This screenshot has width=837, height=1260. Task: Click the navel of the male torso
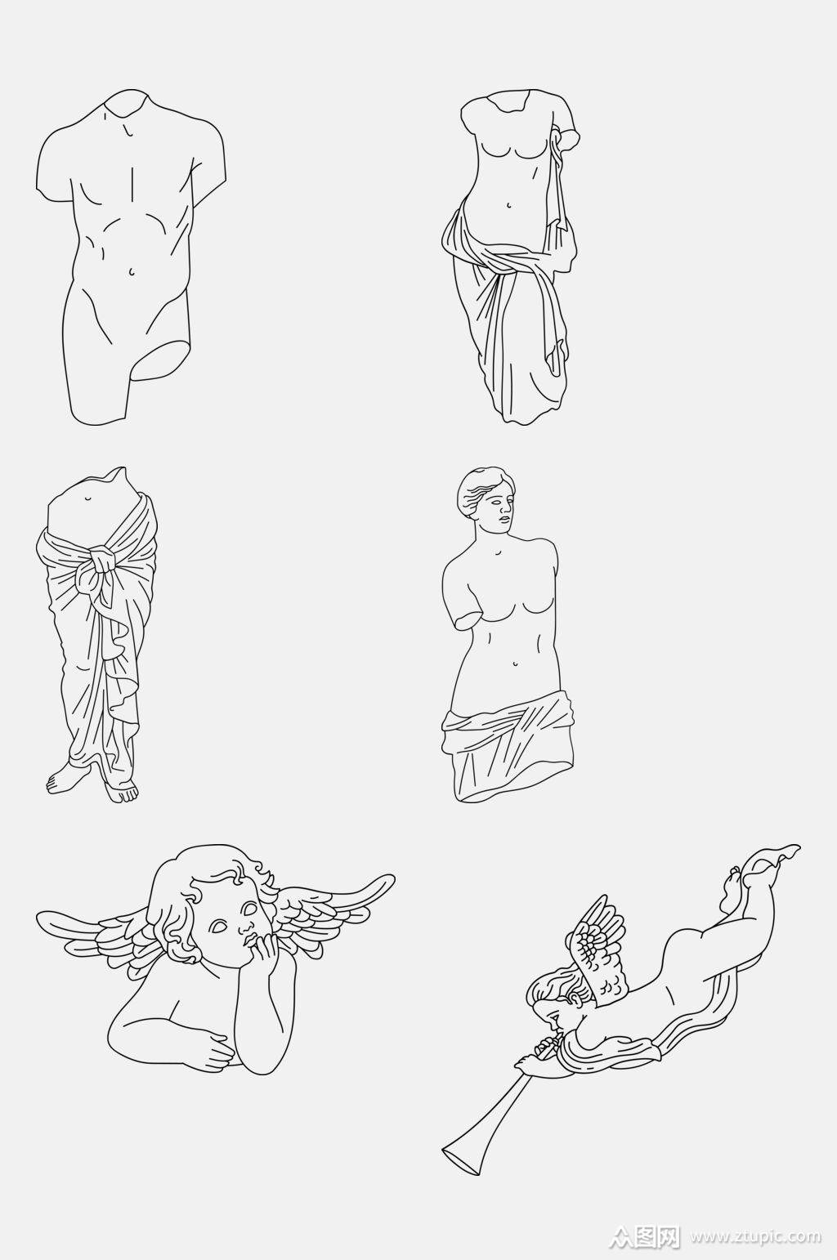[132, 272]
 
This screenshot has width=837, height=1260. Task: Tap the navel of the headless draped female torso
[508, 205]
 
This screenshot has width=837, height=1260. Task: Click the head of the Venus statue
[487, 497]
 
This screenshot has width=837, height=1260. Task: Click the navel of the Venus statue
[514, 664]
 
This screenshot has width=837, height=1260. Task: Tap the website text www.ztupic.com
[756, 1238]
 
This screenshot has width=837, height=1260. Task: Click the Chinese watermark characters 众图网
[648, 1237]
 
